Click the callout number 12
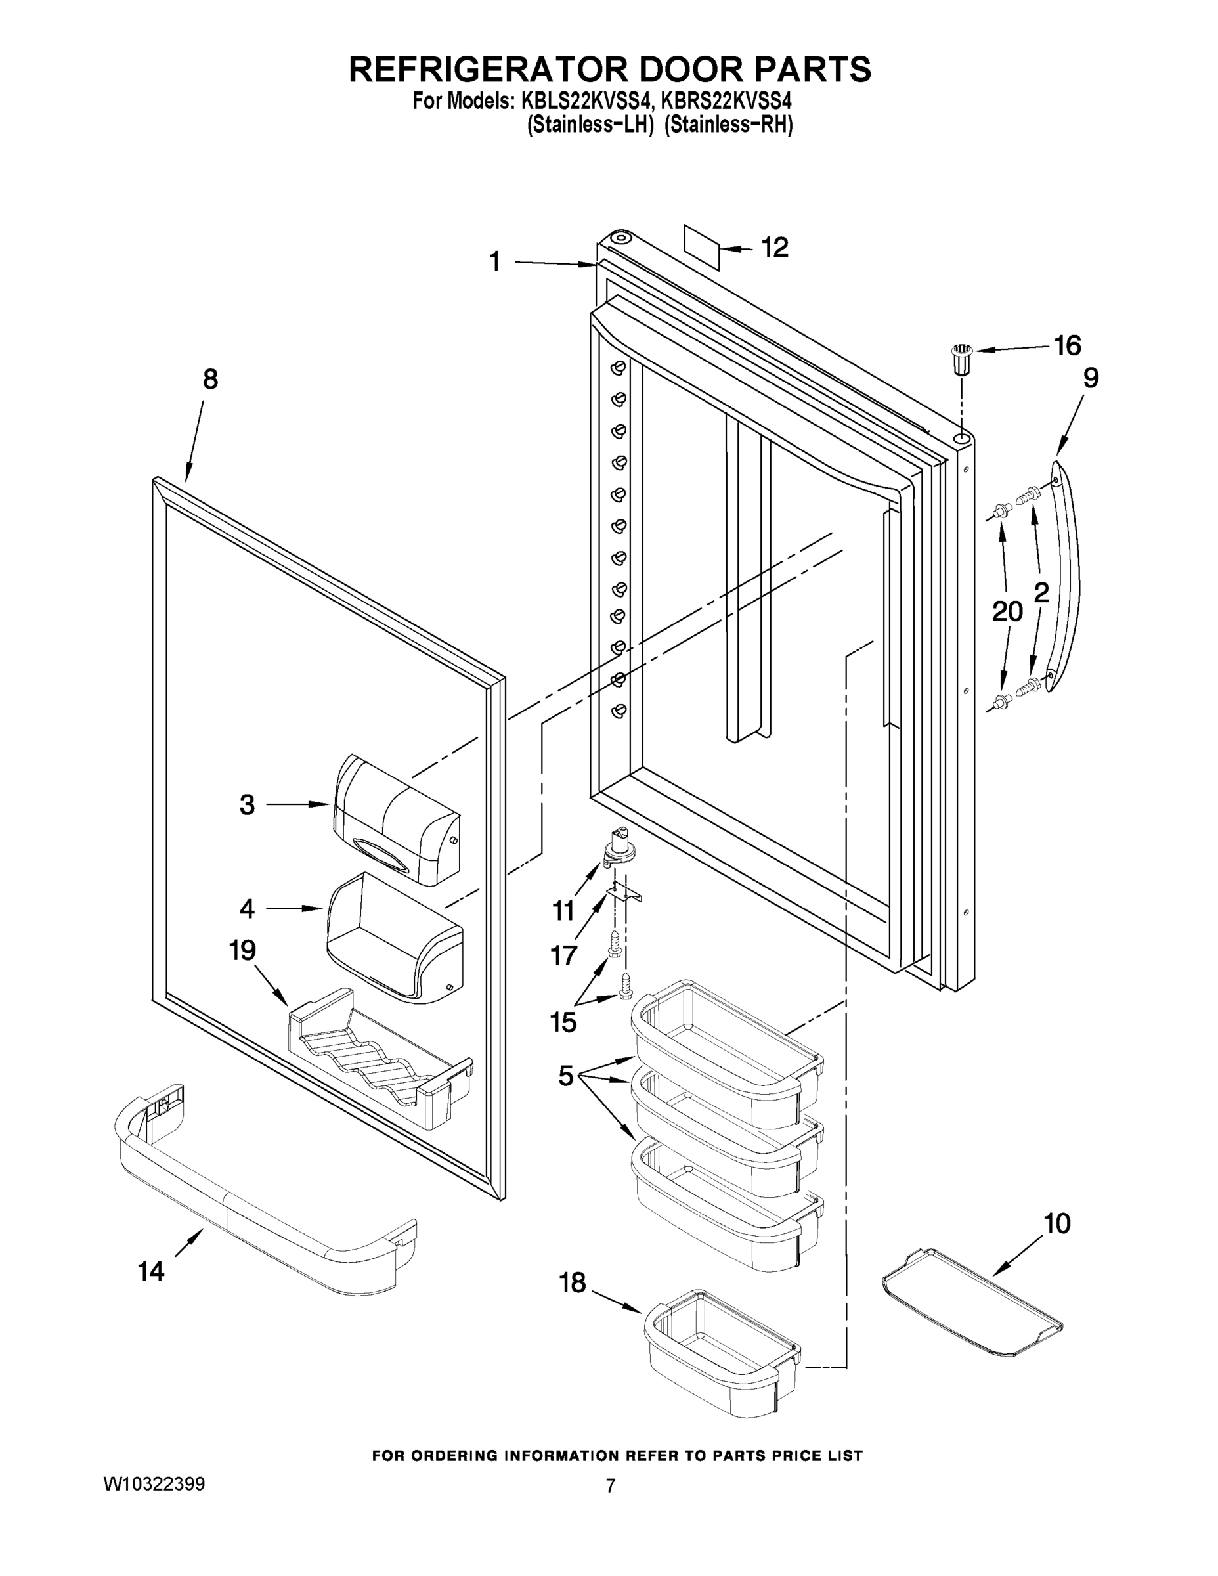click(x=775, y=248)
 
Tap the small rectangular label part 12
click(x=702, y=247)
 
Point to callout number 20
click(x=1007, y=612)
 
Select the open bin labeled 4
click(x=395, y=938)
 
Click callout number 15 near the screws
click(x=563, y=1022)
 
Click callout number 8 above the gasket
click(x=210, y=380)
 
